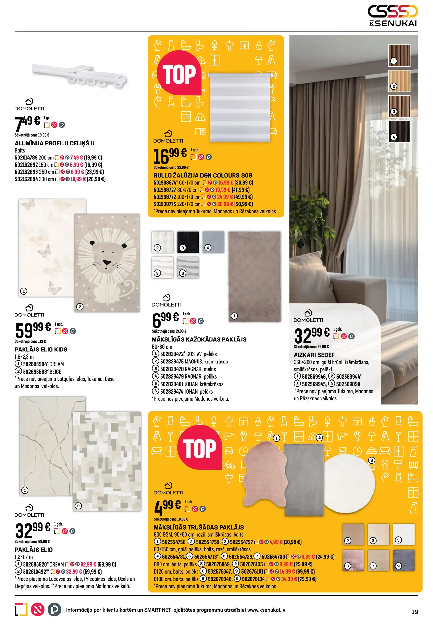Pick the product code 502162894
(x=26, y=179)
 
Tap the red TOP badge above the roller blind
(x=179, y=74)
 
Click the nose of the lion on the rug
(x=107, y=263)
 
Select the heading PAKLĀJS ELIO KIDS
(x=41, y=349)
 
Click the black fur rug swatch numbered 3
(x=188, y=242)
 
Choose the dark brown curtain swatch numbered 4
(x=399, y=132)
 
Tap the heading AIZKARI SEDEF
(x=314, y=355)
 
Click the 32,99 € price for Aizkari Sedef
(x=311, y=335)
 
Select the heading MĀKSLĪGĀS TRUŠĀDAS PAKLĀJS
(x=199, y=527)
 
